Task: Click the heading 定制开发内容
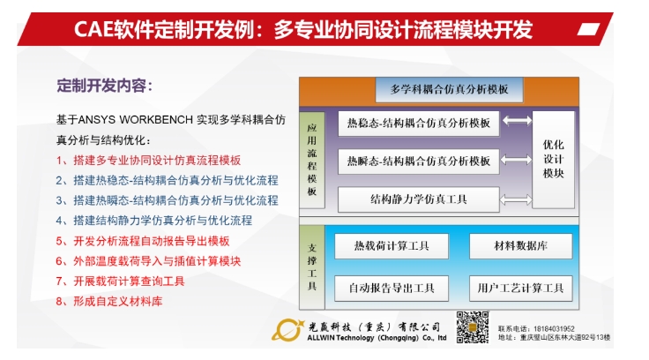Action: tap(104, 86)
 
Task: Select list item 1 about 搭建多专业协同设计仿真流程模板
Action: tap(147, 161)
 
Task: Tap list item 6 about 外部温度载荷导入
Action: tap(147, 260)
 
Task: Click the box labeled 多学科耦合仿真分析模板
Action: tap(450, 90)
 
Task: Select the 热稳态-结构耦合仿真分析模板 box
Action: tap(419, 123)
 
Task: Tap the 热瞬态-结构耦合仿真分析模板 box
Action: tap(419, 161)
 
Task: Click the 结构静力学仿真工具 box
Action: tap(419, 199)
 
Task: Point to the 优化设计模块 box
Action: tap(553, 160)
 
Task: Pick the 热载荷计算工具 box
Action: tap(392, 245)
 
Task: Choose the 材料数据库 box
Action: tap(520, 245)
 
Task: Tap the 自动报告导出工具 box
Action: tap(392, 289)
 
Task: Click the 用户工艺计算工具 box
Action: tap(520, 289)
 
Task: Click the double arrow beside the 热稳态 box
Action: tap(517, 122)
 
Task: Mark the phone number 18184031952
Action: tap(556, 326)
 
